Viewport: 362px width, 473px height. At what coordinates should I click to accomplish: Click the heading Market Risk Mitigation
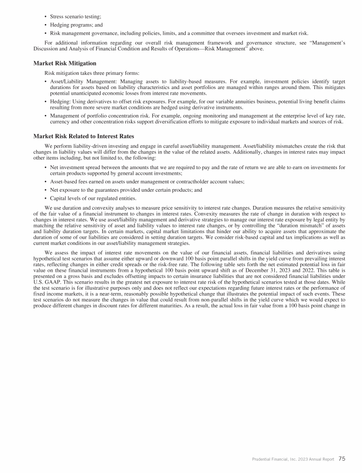click(65, 63)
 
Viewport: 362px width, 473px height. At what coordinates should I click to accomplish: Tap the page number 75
click(342, 458)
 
